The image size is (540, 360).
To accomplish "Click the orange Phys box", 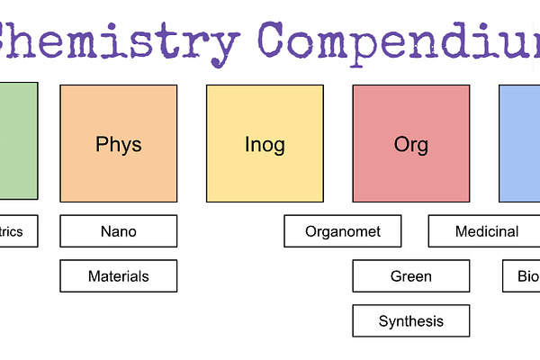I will pos(118,143).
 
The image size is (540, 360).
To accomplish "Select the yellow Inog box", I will pos(265,143).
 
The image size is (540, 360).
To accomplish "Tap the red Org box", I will pos(410,143).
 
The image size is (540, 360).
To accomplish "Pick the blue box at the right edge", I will pos(520,143).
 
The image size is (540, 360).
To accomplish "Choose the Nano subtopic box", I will pos(118,231).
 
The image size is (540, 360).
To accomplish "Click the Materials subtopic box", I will pos(118,276).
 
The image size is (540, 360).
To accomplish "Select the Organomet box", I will pos(343,231).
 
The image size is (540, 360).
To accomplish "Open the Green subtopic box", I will pos(410,276).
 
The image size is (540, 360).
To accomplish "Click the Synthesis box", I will pos(410,321).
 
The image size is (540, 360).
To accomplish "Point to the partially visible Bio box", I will pos(522,276).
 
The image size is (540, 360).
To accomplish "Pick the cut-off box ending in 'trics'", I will pos(18,231).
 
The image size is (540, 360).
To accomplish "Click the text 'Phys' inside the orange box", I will pos(118,144).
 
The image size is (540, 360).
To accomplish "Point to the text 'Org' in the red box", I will pos(410,144).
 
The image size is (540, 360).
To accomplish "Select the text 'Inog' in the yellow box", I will pos(265,144).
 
